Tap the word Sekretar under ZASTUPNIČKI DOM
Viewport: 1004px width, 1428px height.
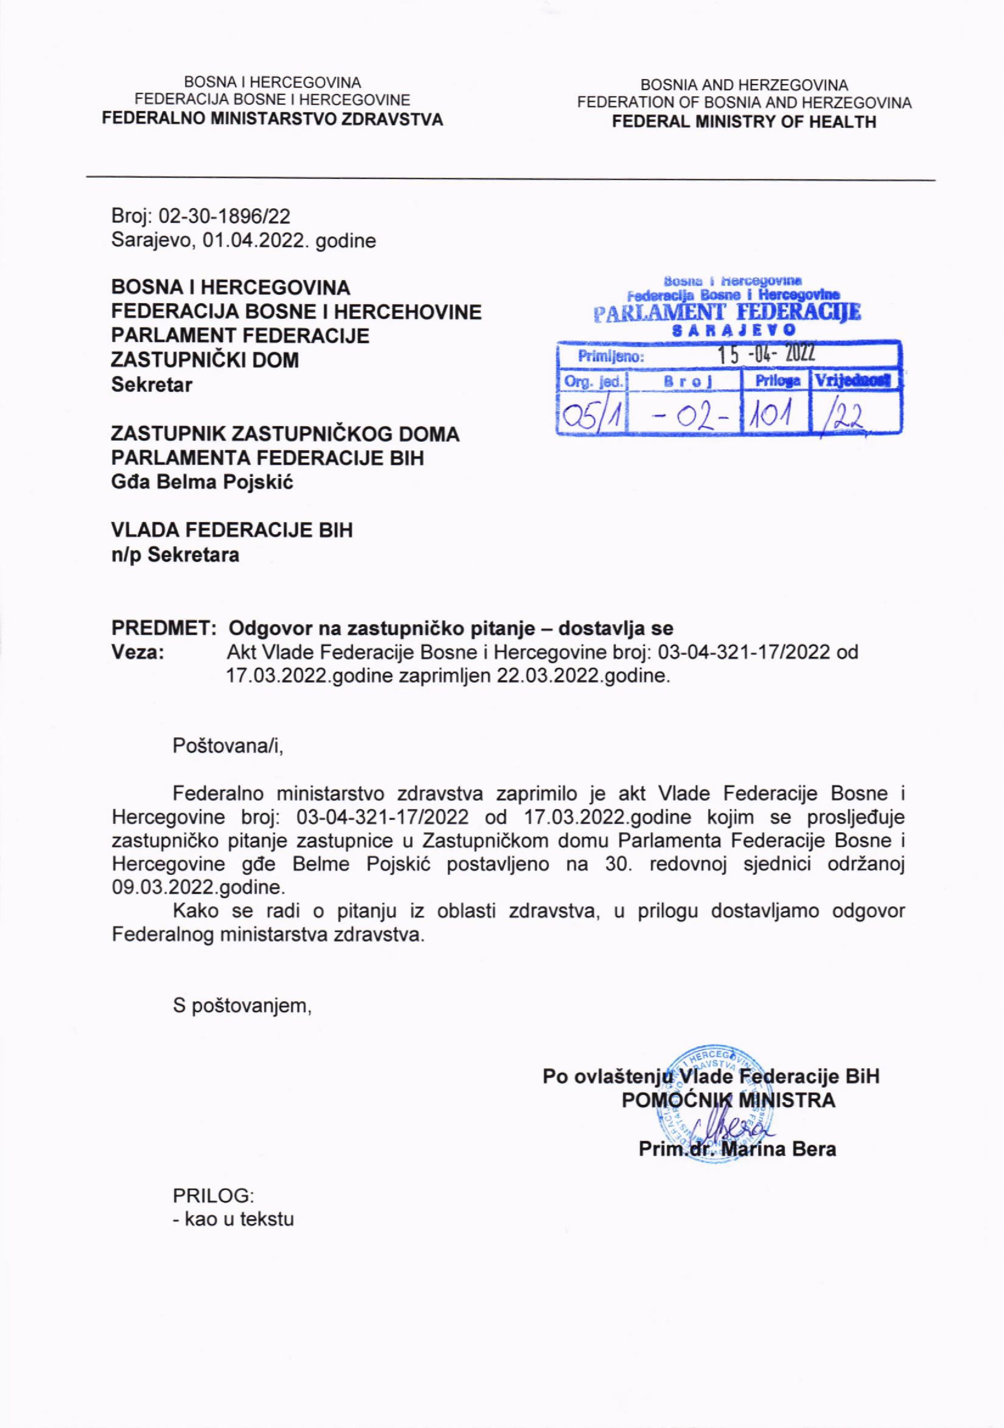152,385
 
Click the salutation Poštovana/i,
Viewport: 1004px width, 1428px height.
227,746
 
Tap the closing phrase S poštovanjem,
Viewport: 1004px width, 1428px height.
242,1006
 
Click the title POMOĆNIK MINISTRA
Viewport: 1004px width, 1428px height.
728,1100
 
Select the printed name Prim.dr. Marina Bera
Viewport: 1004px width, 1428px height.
737,1149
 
